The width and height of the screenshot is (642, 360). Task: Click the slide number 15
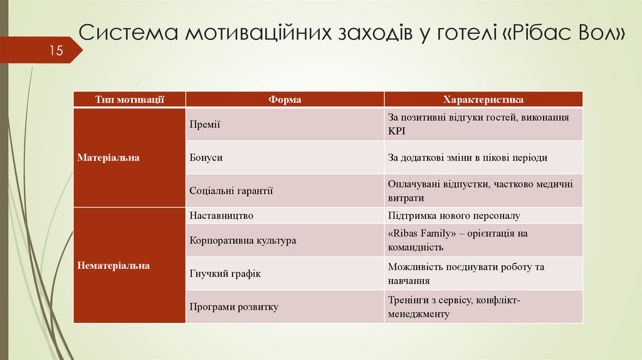coord(57,51)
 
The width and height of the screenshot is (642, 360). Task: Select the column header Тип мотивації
coord(130,100)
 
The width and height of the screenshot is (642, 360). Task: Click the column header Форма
coord(285,100)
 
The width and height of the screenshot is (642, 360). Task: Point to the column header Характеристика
coord(483,100)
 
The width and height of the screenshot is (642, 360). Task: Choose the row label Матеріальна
coord(108,157)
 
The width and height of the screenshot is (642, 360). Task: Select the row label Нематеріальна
coord(113,265)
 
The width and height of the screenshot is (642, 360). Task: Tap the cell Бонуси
coord(206,157)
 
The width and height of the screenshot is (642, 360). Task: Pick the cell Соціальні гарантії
coord(231,191)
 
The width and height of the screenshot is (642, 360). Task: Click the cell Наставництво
coord(221,215)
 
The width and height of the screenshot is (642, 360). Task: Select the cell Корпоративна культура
coord(243,240)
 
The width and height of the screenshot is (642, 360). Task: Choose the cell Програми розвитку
coord(233,307)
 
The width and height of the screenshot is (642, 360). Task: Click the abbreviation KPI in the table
coord(397,132)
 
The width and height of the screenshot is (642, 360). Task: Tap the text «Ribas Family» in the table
coord(419,233)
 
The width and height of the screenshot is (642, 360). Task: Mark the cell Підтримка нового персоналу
coord(454,215)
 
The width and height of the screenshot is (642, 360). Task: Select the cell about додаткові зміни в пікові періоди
coord(467,157)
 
